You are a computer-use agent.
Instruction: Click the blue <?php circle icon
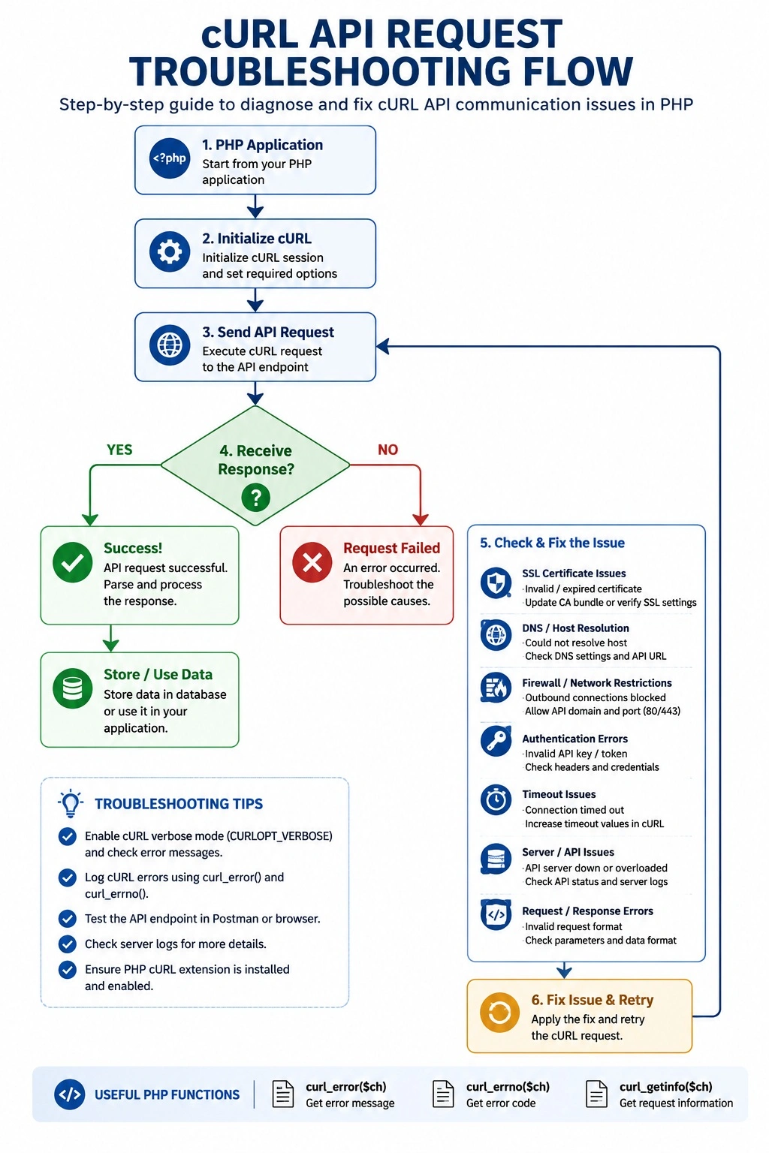click(x=170, y=158)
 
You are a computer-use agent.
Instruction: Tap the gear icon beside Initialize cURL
click(x=170, y=251)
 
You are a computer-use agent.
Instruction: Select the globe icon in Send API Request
click(x=170, y=345)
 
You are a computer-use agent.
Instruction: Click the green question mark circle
click(x=255, y=497)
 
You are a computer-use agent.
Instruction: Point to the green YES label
click(x=119, y=450)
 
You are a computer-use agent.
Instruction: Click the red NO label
click(x=388, y=450)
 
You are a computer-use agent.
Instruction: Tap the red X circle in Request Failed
click(x=312, y=562)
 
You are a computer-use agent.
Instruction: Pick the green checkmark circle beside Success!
click(x=73, y=562)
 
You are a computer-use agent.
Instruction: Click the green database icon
click(x=73, y=688)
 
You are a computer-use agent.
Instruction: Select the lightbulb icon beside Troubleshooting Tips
click(x=71, y=803)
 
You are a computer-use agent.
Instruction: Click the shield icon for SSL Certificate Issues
click(x=496, y=583)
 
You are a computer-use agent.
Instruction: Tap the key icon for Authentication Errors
click(x=496, y=741)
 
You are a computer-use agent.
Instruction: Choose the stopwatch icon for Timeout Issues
click(x=496, y=800)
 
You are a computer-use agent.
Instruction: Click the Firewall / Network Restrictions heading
click(x=596, y=683)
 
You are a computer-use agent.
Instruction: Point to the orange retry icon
click(x=499, y=1013)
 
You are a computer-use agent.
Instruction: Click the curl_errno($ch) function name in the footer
click(x=508, y=1087)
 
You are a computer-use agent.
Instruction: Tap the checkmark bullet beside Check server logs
click(x=67, y=944)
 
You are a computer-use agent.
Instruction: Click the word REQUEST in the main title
click(x=475, y=35)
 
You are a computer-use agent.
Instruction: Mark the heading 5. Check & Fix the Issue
click(x=552, y=543)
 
